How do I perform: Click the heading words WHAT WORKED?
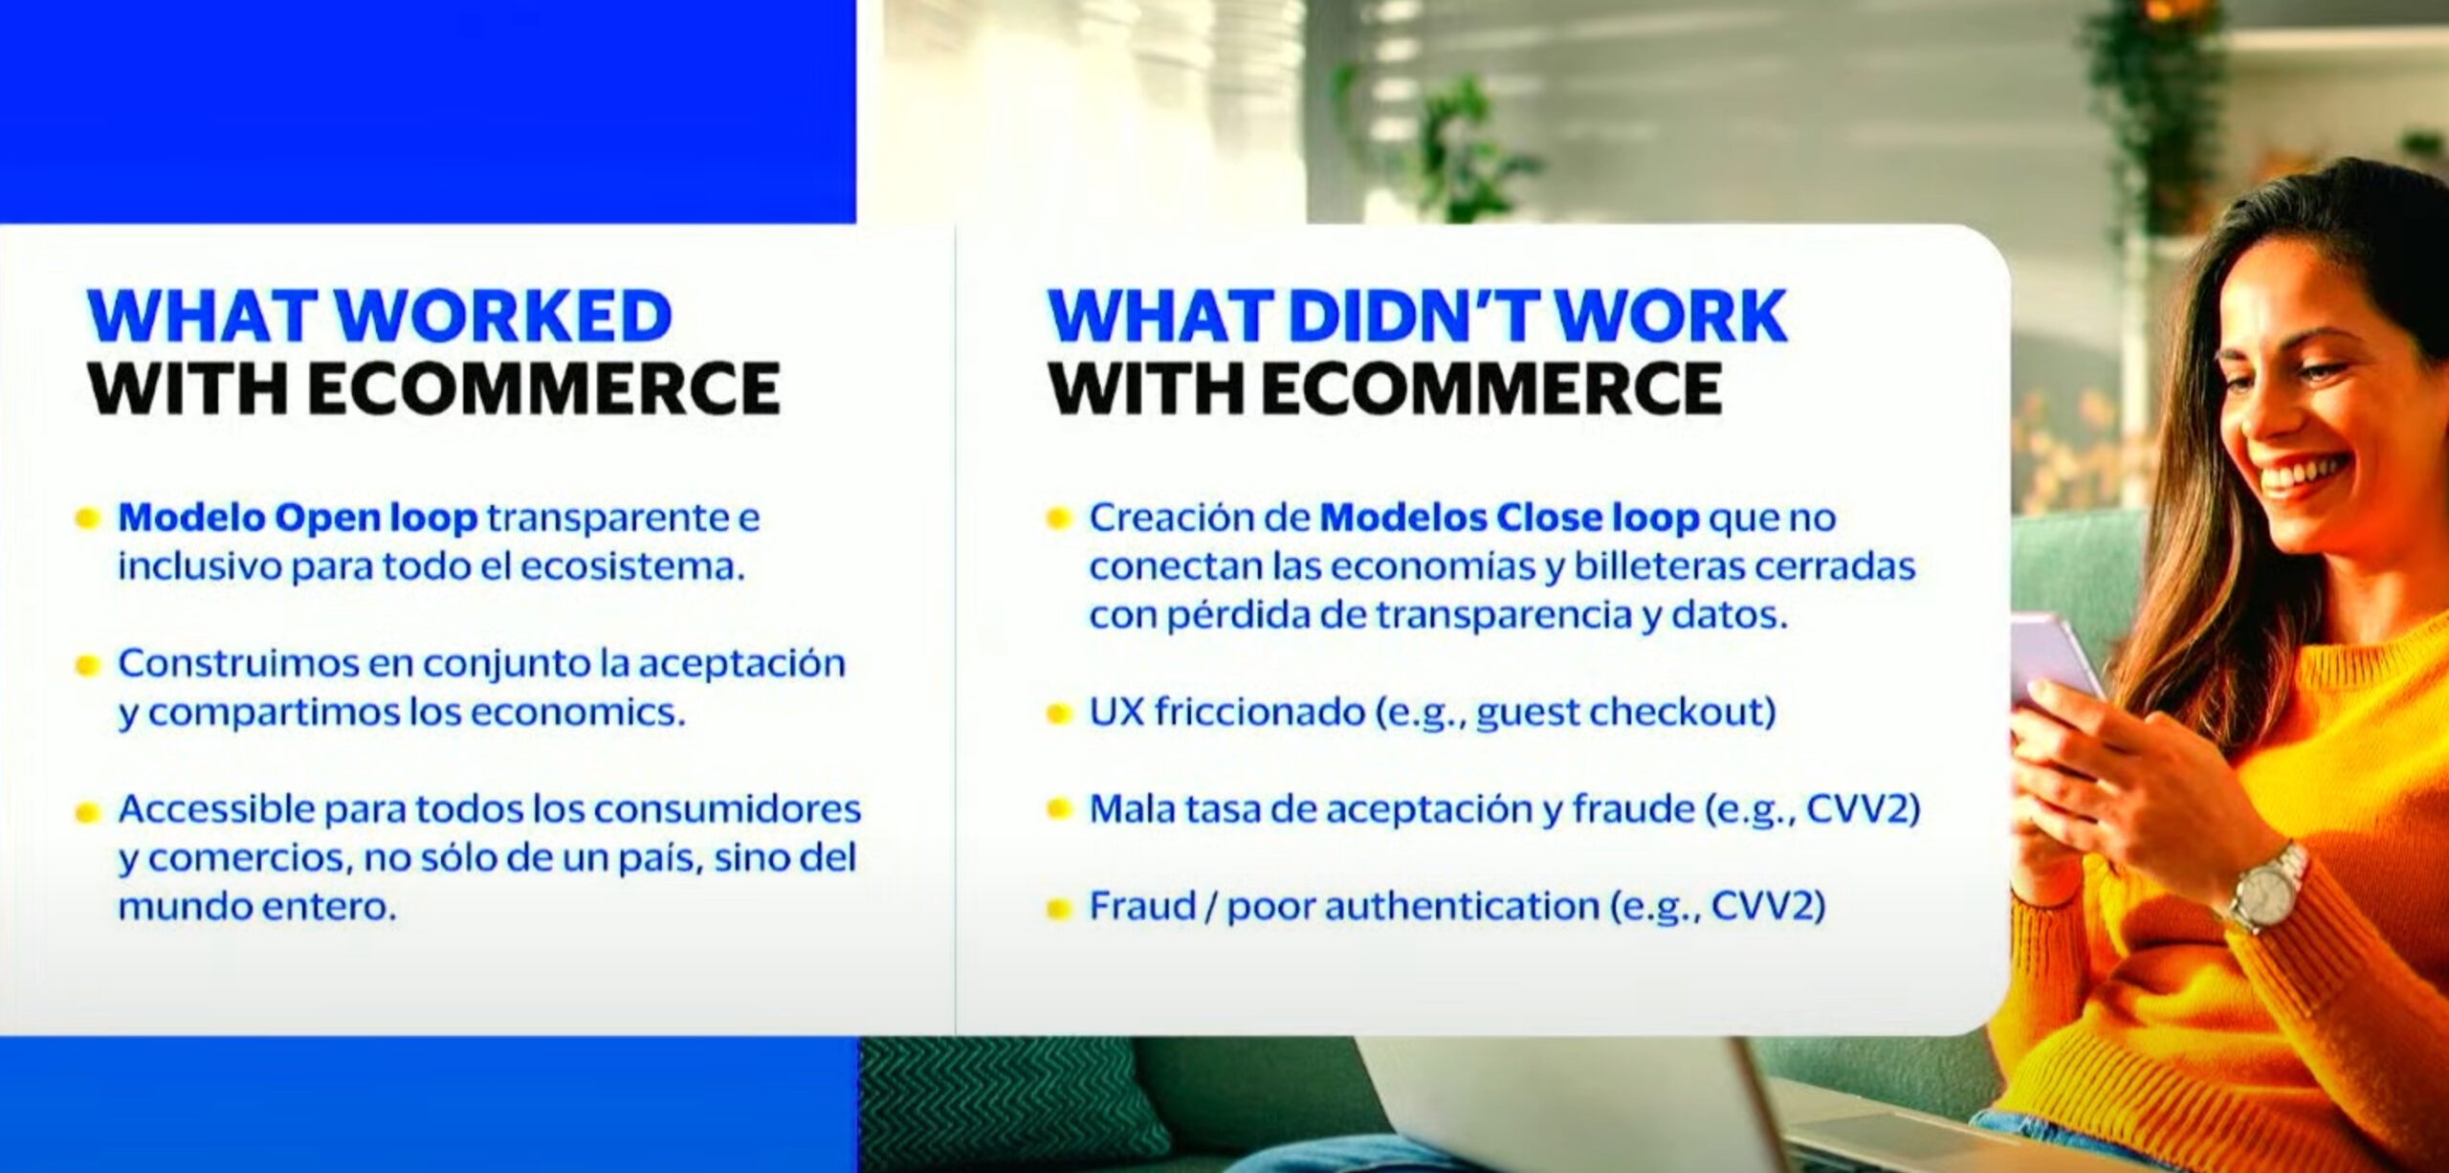(x=380, y=315)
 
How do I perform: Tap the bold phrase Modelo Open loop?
(x=298, y=518)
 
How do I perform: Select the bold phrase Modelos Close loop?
(x=1510, y=518)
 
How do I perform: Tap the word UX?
(x=1116, y=712)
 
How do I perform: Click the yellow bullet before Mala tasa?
(x=1057, y=809)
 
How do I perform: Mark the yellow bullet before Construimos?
(x=87, y=665)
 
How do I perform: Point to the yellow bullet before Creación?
(x=1057, y=520)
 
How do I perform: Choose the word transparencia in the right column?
(x=1503, y=616)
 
